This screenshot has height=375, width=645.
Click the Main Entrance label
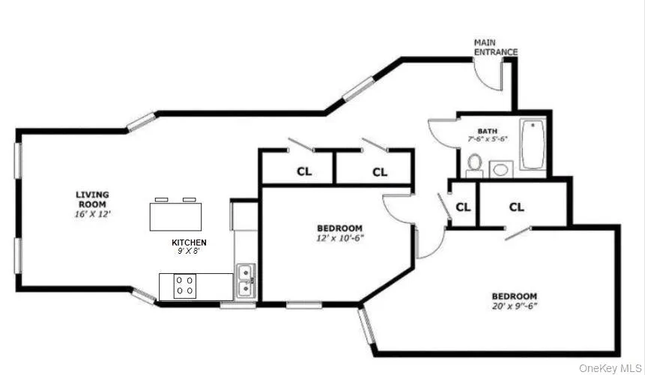coord(495,47)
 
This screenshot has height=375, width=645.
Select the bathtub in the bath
coord(533,144)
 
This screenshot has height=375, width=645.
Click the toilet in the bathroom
coord(474,163)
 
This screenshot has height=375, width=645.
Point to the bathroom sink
coord(500,169)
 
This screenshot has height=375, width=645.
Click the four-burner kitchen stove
coord(185,285)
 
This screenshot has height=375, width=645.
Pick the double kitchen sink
coord(245,281)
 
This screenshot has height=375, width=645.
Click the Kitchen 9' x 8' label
coord(190,247)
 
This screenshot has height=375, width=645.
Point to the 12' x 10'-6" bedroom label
coord(339,233)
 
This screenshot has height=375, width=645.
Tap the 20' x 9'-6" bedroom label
coord(514,301)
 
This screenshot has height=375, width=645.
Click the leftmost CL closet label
coord(303,171)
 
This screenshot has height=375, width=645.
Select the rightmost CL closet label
coord(517,207)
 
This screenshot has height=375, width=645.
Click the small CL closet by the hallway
coord(463,207)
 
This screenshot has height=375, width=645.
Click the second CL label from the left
coord(380,171)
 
